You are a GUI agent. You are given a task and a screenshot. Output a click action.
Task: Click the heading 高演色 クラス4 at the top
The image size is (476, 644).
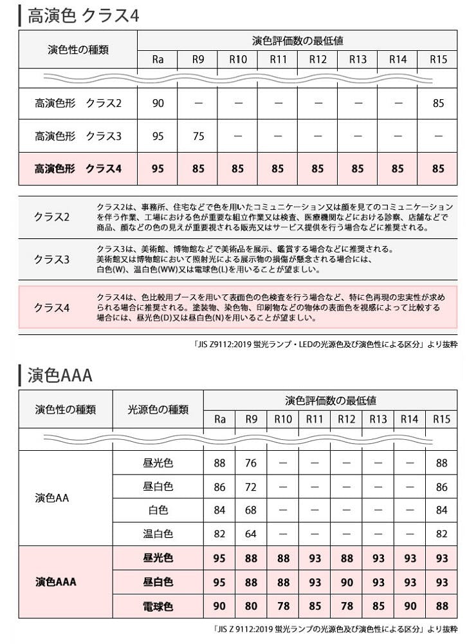point(84,15)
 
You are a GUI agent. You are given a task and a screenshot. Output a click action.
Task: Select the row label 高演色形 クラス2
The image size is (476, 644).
point(78,103)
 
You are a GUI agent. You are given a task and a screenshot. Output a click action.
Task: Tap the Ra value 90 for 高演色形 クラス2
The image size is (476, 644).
point(158,103)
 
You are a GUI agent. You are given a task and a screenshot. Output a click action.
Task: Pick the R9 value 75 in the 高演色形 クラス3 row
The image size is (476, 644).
point(198,137)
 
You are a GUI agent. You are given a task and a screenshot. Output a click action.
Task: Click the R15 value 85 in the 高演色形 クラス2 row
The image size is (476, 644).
point(438,103)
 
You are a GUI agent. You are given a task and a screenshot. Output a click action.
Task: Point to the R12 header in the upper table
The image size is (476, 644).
point(318,60)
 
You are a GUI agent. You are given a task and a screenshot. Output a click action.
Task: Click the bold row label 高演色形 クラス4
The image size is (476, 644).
point(78,169)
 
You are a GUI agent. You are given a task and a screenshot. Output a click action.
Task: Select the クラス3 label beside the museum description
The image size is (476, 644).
point(51,260)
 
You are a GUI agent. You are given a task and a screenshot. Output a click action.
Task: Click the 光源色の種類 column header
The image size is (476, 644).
point(158,410)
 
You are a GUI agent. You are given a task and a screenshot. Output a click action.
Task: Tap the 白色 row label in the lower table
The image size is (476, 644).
point(158,510)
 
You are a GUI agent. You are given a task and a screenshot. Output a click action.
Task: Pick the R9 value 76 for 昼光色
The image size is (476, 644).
point(251,463)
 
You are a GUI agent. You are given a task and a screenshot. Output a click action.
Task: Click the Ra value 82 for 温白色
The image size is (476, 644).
point(219,534)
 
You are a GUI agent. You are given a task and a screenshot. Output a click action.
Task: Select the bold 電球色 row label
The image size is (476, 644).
point(158,606)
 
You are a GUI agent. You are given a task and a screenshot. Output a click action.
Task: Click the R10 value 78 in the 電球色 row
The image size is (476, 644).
point(282,606)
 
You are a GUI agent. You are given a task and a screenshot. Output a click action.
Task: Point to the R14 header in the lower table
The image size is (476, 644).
point(409,419)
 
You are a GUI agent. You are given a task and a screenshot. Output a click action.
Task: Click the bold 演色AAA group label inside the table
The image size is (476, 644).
point(56,582)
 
